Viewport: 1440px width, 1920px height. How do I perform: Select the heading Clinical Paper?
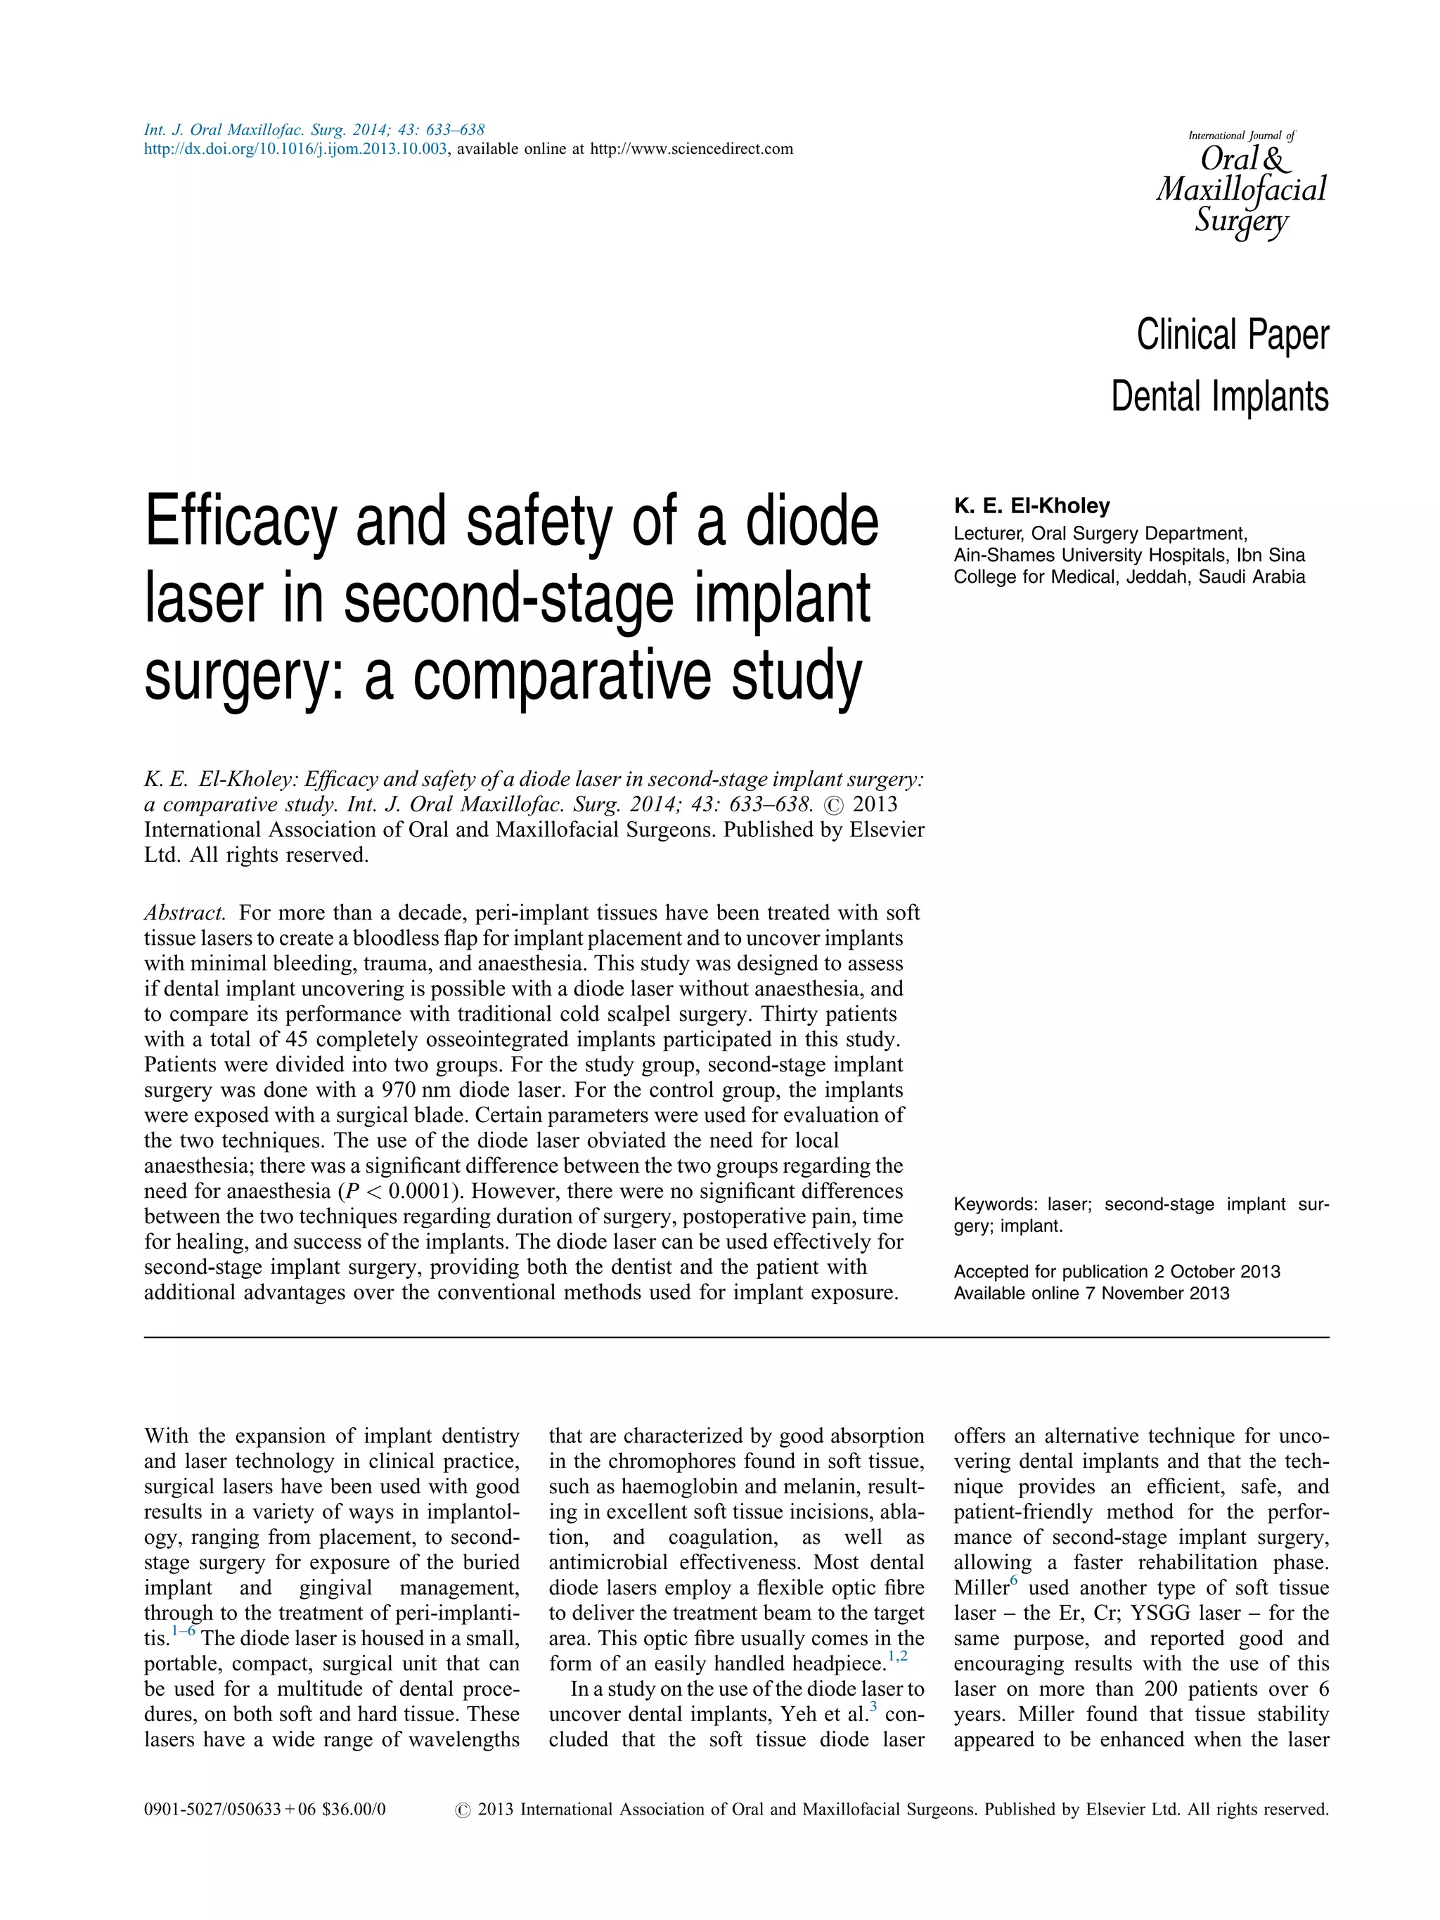pos(1232,335)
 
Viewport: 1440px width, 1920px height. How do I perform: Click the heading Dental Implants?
pos(1219,397)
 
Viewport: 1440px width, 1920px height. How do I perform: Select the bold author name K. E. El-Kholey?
pos(1031,506)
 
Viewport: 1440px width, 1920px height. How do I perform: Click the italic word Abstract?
pos(185,913)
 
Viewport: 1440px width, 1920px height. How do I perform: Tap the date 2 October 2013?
pos(1217,1272)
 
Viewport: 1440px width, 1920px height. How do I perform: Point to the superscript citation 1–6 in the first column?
pos(183,1632)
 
